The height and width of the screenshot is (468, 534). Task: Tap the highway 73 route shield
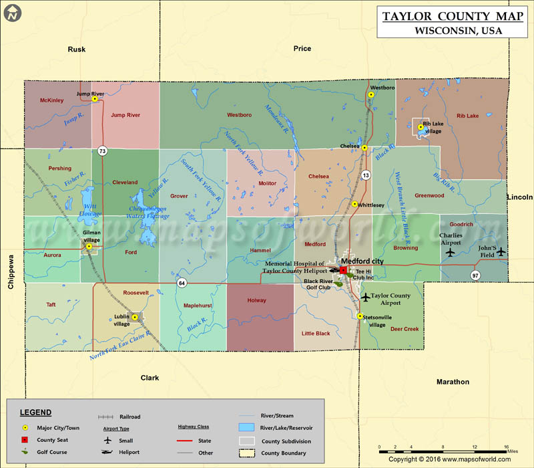(x=102, y=150)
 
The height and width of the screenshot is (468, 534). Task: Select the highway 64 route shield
(x=182, y=282)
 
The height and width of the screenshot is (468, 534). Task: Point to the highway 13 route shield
(x=366, y=175)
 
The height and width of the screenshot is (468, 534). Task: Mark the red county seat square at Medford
(x=343, y=270)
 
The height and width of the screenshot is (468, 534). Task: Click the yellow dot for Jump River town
(x=95, y=99)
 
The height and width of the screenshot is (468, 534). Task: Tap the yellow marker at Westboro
(x=370, y=95)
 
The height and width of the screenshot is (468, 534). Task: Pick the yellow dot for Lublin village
(x=135, y=317)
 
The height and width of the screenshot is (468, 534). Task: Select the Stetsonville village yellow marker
(x=360, y=316)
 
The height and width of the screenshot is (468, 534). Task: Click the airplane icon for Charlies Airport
(x=450, y=252)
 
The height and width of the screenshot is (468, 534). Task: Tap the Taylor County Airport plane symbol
(x=365, y=296)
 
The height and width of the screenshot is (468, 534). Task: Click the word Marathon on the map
(x=453, y=382)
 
